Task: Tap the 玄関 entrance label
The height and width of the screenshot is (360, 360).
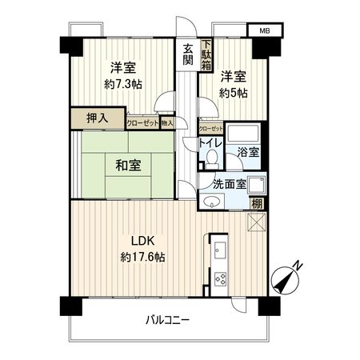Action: pyautogui.click(x=187, y=54)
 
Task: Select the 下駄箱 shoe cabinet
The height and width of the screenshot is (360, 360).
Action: pyautogui.click(x=206, y=55)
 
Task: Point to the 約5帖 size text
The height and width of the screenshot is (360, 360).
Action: pyautogui.click(x=234, y=92)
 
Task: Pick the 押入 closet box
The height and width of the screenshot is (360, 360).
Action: pyautogui.click(x=97, y=118)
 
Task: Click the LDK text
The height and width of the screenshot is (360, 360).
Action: pyautogui.click(x=132, y=240)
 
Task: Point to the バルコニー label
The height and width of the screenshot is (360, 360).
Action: pyautogui.click(x=167, y=320)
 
